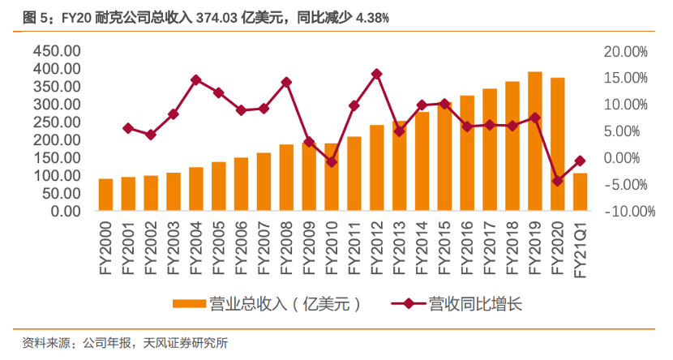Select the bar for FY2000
click(105, 195)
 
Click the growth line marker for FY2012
click(376, 74)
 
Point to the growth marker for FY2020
click(557, 181)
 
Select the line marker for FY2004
click(196, 79)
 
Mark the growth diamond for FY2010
click(332, 161)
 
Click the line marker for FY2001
click(128, 128)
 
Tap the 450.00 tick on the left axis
click(57, 51)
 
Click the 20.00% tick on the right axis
click(626, 51)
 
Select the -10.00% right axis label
click(626, 212)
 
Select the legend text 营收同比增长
click(475, 304)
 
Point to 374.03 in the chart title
click(216, 17)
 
